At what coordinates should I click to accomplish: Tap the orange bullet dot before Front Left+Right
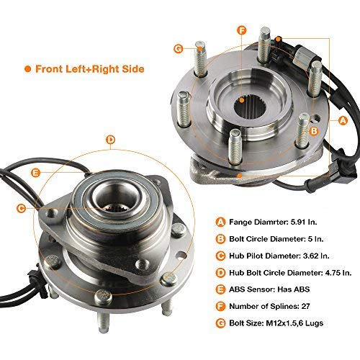[27, 68]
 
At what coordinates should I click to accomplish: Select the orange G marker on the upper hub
[178, 48]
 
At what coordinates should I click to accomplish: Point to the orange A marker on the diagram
[342, 120]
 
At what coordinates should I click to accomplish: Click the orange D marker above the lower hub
[110, 140]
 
